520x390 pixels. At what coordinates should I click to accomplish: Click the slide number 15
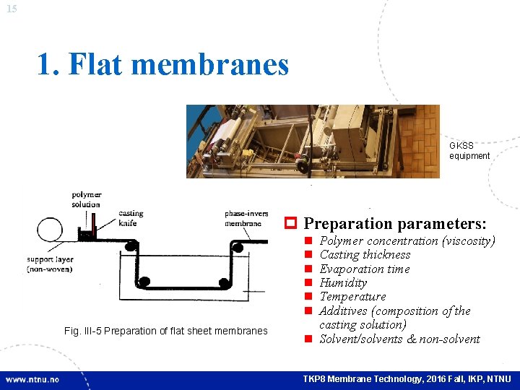coord(12,9)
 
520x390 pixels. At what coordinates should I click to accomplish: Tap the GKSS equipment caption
coord(469,151)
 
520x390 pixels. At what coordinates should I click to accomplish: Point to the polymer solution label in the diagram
coord(86,199)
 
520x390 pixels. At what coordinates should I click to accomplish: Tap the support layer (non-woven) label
coord(51,264)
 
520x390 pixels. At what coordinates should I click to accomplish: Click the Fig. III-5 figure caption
coord(165,331)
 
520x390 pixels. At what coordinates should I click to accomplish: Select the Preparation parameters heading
coord(395,224)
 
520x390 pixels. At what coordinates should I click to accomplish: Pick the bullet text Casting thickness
coord(365,254)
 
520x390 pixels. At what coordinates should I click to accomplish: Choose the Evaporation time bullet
coord(364,269)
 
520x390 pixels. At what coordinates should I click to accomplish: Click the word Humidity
coord(343,282)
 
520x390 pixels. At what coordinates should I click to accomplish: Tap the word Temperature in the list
coord(352,296)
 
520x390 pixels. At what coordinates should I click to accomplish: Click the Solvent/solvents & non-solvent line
coord(399,339)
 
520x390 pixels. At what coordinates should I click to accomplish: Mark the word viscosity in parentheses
coord(469,240)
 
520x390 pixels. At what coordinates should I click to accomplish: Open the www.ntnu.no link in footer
coord(32,379)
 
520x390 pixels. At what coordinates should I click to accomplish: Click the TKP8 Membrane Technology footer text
coord(407,379)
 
